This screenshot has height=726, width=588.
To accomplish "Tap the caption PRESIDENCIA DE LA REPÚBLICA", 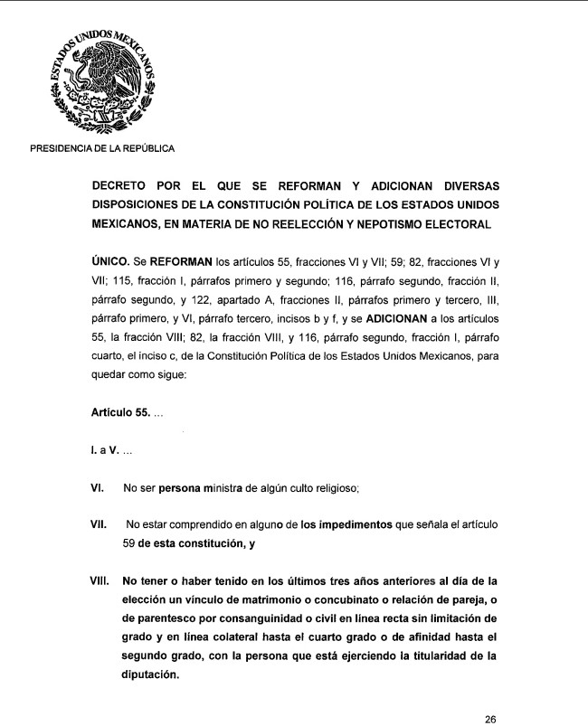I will pos(102,149).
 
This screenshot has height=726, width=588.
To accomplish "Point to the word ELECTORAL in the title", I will pos(462,222).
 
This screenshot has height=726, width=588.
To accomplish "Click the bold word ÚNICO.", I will pos(113,261).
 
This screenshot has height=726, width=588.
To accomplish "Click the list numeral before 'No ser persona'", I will pos(99,488).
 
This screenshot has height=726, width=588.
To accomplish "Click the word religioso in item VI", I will pos(333,489).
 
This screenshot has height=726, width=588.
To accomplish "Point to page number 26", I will pos(490,720).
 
